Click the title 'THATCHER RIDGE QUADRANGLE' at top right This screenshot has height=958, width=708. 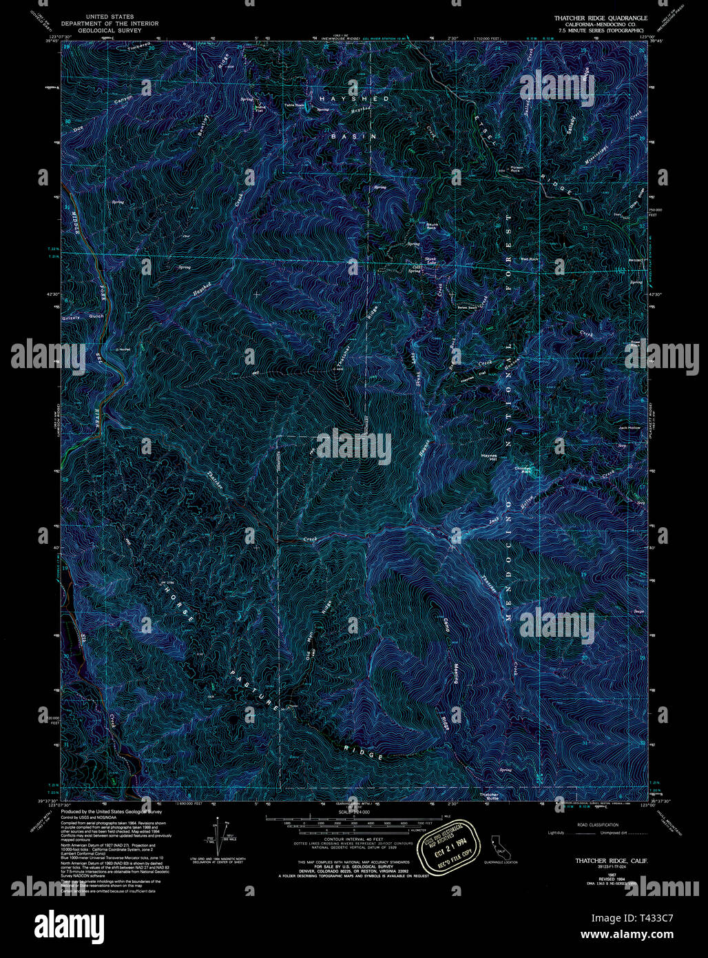tap(598, 15)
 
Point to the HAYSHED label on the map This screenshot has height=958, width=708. tap(344, 99)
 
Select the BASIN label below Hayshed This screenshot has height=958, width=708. tap(354, 136)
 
